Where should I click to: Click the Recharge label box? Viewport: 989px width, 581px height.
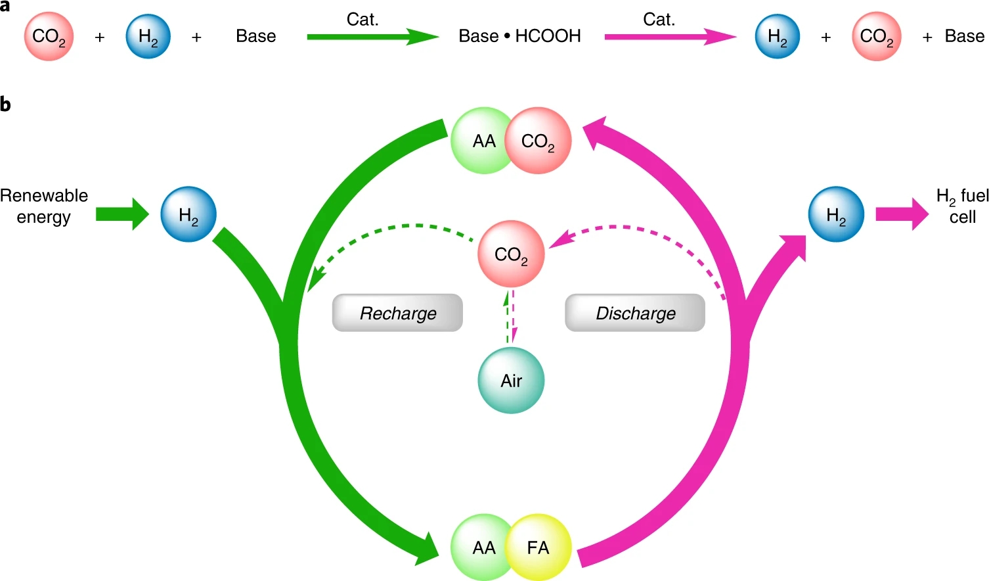pos(397,313)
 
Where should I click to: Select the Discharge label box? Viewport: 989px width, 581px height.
pos(635,313)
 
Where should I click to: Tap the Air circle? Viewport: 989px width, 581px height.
pos(511,381)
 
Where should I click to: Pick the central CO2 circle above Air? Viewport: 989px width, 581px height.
pos(511,254)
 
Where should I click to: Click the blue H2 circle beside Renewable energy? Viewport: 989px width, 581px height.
pos(188,214)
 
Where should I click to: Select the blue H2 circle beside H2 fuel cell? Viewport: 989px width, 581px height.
pos(836,214)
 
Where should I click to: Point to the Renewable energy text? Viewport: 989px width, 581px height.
pos(43,206)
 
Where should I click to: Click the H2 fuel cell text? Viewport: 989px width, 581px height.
pos(962,206)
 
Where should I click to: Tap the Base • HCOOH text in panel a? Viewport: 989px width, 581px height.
pos(519,36)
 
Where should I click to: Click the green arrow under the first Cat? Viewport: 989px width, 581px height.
pos(372,37)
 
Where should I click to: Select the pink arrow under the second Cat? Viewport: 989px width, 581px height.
pos(669,37)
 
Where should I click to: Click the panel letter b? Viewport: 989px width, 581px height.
pos(5,105)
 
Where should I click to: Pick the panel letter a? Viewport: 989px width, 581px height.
pos(5,6)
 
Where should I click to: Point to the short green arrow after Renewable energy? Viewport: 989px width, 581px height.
pos(122,214)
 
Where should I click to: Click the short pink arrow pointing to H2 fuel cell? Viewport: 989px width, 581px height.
pos(902,214)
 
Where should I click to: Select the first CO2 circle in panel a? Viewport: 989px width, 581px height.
pos(49,36)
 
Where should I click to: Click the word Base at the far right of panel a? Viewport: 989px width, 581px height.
pos(964,36)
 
